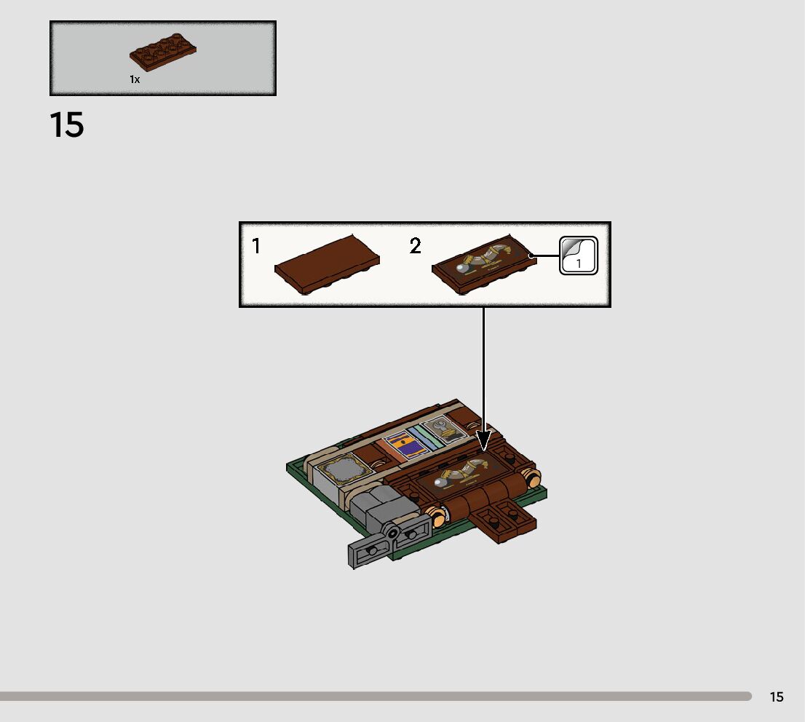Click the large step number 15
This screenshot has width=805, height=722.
(x=67, y=125)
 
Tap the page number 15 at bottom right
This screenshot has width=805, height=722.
(x=777, y=697)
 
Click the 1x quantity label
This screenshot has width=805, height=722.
(x=135, y=80)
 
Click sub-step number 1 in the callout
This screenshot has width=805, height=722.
(x=256, y=247)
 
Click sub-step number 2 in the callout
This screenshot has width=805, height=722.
(x=415, y=247)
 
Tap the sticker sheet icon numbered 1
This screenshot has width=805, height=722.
(x=579, y=256)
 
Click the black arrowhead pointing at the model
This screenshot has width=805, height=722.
(x=483, y=440)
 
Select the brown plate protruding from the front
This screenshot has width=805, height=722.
(x=504, y=521)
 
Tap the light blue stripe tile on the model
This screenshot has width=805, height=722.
(x=423, y=438)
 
